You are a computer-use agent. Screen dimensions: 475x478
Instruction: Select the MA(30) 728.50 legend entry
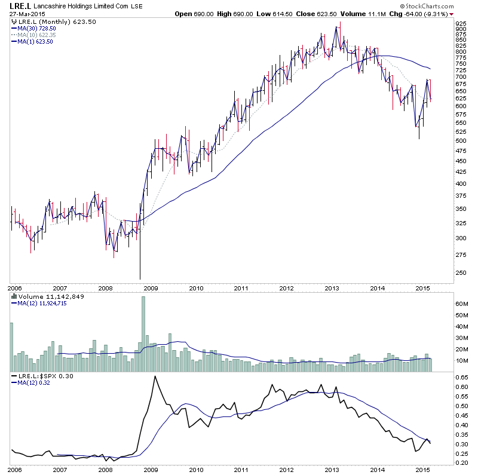39,28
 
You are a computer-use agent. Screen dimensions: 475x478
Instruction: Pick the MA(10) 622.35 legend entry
39,35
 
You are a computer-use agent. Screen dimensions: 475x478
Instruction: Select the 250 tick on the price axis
461,273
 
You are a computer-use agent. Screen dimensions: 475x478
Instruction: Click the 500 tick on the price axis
461,141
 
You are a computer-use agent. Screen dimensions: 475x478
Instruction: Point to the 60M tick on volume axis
461,304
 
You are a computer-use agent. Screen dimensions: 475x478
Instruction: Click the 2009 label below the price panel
151,288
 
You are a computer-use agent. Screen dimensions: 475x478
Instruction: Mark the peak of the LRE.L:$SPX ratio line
155,376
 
